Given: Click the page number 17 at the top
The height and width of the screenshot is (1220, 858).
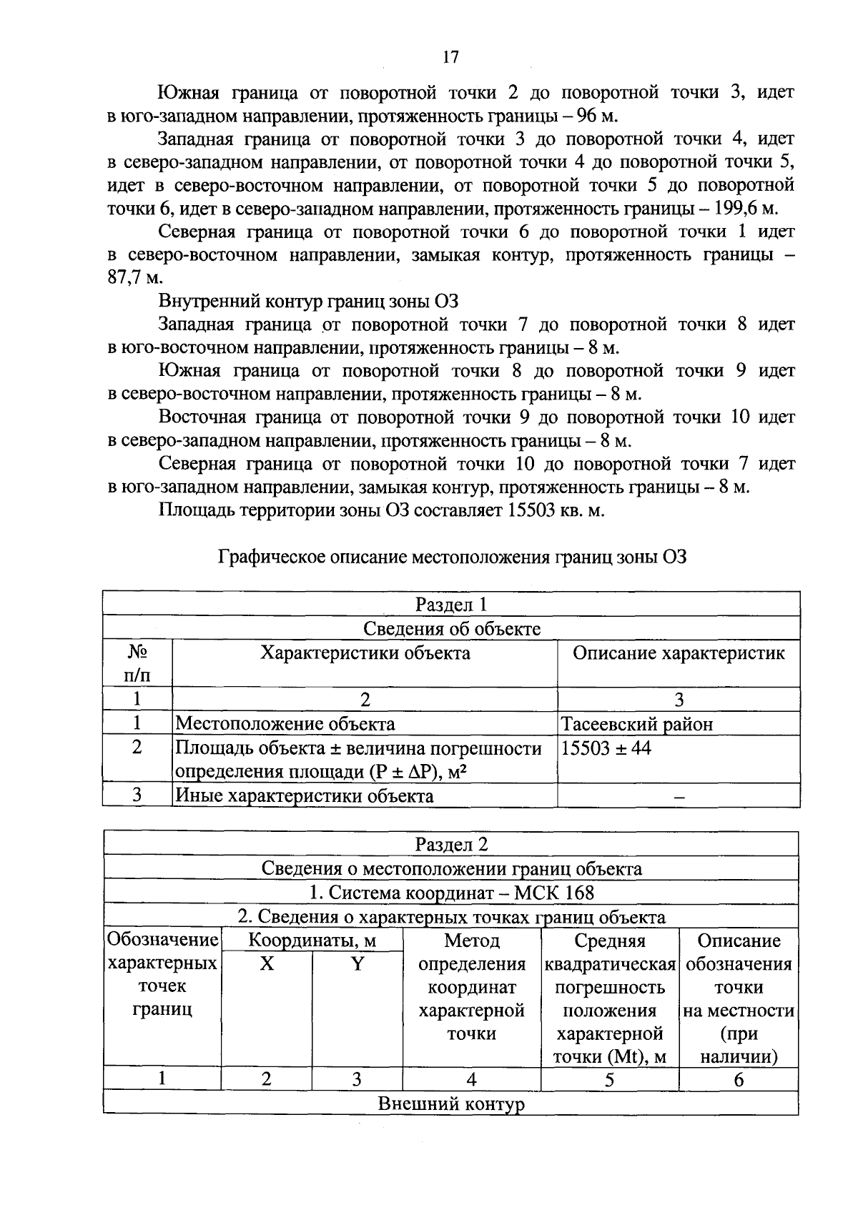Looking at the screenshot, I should point(450,58).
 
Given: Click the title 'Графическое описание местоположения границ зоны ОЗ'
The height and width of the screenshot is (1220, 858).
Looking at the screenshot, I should point(452,557).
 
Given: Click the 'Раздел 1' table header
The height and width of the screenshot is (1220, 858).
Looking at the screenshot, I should point(451,605).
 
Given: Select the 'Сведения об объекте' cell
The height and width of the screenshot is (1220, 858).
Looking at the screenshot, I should point(451,628).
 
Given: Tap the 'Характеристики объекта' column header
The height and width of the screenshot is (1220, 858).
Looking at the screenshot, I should point(365,653).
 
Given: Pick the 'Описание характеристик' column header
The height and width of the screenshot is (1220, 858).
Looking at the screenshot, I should point(679,653).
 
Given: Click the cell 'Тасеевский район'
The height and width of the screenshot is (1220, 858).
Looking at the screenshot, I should point(636,724).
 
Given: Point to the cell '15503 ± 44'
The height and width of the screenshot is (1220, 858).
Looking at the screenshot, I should point(606,748).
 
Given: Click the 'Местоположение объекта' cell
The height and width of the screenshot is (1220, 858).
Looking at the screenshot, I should point(285,724).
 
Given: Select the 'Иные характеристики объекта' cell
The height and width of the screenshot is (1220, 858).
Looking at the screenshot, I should point(305,795).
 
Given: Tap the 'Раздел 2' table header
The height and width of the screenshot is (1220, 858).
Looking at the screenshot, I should point(451,844).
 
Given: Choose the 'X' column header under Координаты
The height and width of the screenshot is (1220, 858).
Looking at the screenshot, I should point(266,964).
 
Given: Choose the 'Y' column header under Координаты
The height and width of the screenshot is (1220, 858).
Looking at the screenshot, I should point(357,964).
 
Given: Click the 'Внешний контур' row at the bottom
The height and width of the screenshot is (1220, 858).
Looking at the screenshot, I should point(451,1104).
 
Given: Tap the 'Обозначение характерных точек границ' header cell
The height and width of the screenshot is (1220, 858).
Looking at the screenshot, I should point(162,975).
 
